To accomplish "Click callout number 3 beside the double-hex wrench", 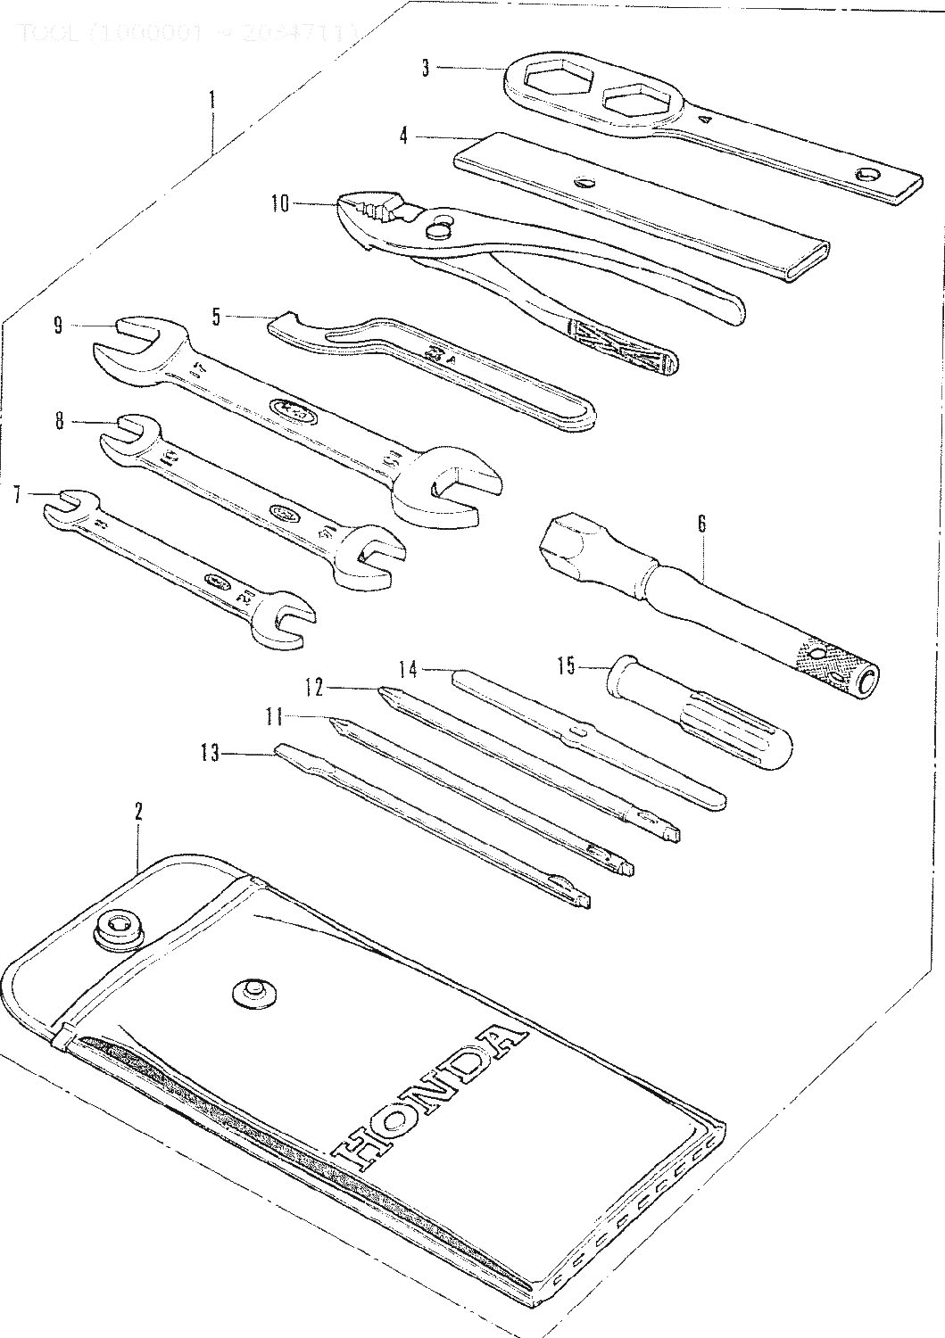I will point(426,69).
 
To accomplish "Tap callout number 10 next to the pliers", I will point(279,204).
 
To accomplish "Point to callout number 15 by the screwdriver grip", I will point(566,665).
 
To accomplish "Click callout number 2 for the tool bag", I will point(138,812).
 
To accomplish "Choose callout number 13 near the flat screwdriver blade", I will point(210,754).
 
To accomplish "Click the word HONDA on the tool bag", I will point(427,1094).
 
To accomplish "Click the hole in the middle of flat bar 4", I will point(585,183).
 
